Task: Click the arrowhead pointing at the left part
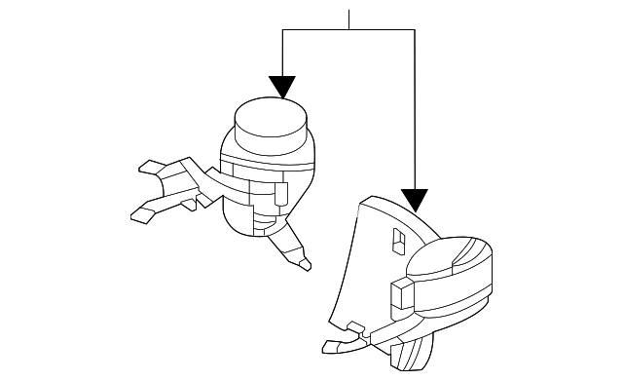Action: pos(282,88)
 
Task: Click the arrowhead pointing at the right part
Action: pos(415,201)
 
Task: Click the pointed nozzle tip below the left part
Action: pos(305,262)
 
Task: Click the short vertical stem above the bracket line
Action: pos(349,19)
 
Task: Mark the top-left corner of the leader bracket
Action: pos(282,30)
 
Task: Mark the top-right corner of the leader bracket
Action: pos(415,30)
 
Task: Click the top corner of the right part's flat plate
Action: pos(366,199)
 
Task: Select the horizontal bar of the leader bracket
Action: pos(348,30)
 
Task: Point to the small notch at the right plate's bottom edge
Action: pos(356,326)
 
